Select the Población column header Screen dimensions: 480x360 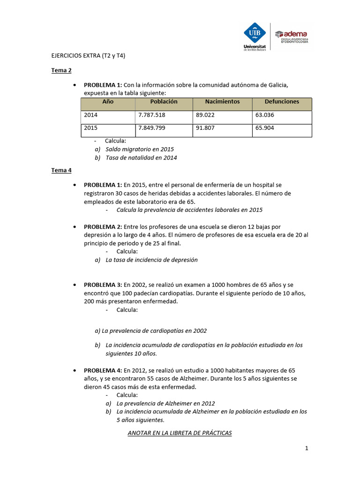(x=164, y=102)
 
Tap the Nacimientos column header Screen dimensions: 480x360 (x=222, y=102)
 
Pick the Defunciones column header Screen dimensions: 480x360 (x=282, y=102)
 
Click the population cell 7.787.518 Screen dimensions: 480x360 (x=151, y=115)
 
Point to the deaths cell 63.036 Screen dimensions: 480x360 (x=265, y=115)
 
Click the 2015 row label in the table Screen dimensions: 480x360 (x=91, y=127)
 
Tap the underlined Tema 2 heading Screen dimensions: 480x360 (x=61, y=71)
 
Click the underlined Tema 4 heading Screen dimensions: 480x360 (x=61, y=171)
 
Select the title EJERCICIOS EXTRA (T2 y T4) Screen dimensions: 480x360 (x=88, y=55)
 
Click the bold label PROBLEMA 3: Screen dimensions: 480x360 (x=103, y=285)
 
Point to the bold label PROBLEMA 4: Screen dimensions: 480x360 (x=103, y=370)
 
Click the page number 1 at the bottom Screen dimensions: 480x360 (x=307, y=449)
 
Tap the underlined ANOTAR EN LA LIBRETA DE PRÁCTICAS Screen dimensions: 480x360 (x=180, y=433)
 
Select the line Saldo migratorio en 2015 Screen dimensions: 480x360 (x=140, y=149)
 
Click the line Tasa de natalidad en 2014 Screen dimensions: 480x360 (x=141, y=158)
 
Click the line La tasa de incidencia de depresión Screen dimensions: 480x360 (x=151, y=260)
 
